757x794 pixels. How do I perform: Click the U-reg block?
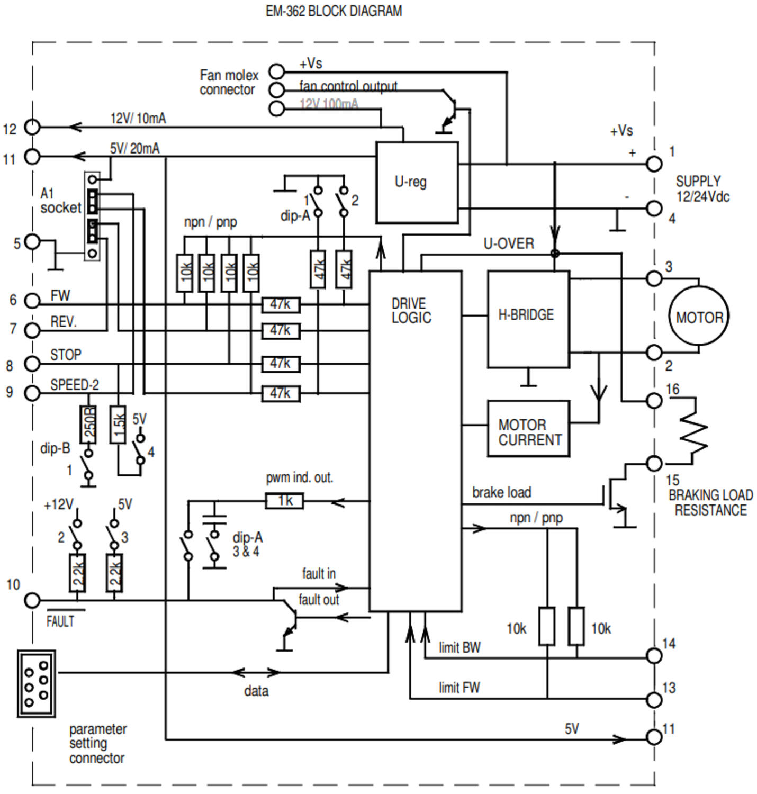[x=417, y=183]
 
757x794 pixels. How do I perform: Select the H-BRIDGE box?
[x=528, y=319]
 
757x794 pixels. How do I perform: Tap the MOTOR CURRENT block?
[x=528, y=429]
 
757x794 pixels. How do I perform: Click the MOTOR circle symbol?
[x=698, y=317]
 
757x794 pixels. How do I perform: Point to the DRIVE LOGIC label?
[x=411, y=311]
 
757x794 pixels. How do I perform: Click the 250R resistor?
[x=88, y=425]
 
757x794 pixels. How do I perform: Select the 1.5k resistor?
[x=118, y=425]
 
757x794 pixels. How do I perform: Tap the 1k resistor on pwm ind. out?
[x=284, y=501]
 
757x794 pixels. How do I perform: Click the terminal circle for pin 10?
[x=32, y=600]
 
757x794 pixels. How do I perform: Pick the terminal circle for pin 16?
[x=654, y=401]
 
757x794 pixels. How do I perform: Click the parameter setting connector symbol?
[x=36, y=683]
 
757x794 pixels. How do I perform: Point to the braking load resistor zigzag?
[x=693, y=431]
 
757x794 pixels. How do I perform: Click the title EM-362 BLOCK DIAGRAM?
[x=334, y=11]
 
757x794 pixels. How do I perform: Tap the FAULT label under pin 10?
[x=60, y=621]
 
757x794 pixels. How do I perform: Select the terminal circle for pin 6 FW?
[x=32, y=301]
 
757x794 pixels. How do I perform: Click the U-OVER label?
[x=508, y=244]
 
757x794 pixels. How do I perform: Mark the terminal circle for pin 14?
[x=654, y=656]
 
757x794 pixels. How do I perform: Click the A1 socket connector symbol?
[x=92, y=216]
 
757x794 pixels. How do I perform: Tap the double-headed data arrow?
[x=256, y=673]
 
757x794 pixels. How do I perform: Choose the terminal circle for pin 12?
[x=32, y=127]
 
